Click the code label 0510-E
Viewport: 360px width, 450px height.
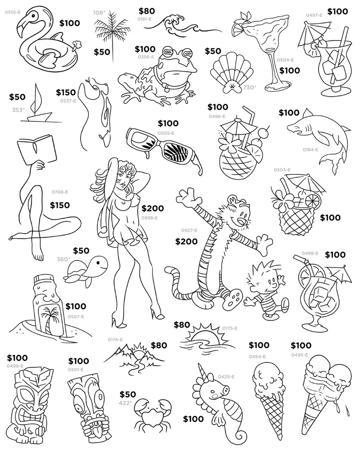click(x=13, y=12)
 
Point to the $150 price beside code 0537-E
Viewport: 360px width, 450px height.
click(x=66, y=92)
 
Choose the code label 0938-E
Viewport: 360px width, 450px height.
click(x=149, y=218)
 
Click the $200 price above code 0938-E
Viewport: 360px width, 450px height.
click(x=153, y=208)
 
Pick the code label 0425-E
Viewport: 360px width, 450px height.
click(x=226, y=377)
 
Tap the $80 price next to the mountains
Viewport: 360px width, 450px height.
click(x=159, y=345)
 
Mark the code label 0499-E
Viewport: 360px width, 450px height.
click(x=15, y=366)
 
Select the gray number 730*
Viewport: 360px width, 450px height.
click(x=249, y=87)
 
